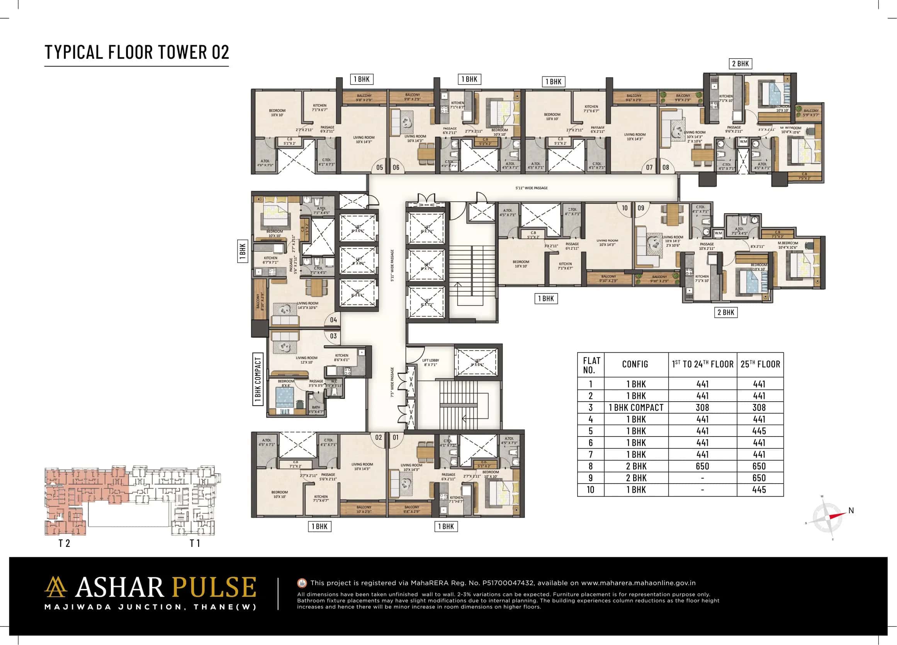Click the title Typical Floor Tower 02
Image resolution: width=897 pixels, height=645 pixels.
click(x=136, y=52)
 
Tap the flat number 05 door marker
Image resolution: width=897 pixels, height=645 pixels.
click(x=379, y=167)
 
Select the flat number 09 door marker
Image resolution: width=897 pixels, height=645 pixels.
click(x=641, y=208)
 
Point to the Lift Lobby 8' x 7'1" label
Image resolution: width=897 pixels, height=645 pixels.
click(x=430, y=362)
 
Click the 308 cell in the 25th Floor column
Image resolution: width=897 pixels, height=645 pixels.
click(x=759, y=407)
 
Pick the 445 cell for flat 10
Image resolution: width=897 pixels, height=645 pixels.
click(x=759, y=490)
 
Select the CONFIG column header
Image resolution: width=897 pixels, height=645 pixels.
click(x=635, y=364)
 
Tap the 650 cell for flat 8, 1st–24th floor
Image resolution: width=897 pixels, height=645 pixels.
click(x=702, y=466)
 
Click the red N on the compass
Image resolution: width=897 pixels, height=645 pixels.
click(x=851, y=511)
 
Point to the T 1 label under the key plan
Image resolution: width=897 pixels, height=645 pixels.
click(x=195, y=543)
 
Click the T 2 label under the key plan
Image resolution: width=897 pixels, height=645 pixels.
click(x=64, y=543)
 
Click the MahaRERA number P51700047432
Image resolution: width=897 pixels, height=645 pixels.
click(x=508, y=583)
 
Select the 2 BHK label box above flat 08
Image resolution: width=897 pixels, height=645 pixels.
click(x=740, y=64)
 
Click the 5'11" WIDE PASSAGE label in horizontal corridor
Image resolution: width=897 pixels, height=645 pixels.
click(x=531, y=188)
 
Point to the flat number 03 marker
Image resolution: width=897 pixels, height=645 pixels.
click(x=333, y=336)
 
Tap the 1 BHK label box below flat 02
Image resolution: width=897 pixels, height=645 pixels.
click(x=319, y=526)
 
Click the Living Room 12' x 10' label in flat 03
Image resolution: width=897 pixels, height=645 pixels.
click(x=306, y=360)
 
